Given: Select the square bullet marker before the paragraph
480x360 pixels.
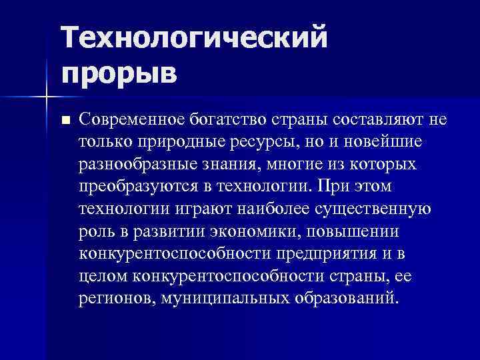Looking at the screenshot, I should [x=65, y=121].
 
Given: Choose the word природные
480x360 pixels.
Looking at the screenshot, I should [x=170, y=142].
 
